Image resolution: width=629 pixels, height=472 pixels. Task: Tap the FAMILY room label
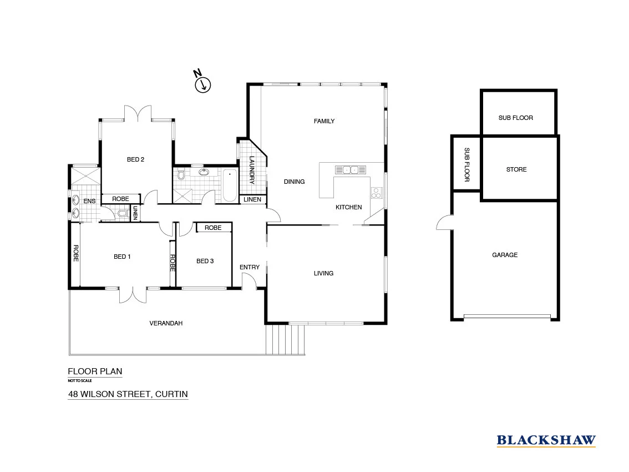324,121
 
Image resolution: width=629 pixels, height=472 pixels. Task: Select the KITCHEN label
348,207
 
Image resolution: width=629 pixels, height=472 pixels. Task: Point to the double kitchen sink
350,170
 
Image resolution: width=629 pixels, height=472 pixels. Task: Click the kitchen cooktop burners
376,193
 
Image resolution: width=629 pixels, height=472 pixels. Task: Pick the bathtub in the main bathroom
230,186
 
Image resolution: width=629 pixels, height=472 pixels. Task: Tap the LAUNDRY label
251,170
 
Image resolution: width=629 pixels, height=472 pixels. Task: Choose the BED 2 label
135,159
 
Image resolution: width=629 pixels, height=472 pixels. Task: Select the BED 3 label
205,261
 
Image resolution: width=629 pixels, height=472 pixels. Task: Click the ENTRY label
250,267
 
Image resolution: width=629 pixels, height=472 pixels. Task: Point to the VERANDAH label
166,323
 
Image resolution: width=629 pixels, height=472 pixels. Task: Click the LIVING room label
323,273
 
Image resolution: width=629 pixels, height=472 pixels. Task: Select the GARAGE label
505,255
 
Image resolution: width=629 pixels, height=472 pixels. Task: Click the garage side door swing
444,223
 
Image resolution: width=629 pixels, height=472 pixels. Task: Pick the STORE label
516,169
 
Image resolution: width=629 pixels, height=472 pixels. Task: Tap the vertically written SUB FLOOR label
466,164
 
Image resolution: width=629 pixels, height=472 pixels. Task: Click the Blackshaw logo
546,441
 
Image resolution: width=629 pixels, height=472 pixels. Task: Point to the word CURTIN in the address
171,394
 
